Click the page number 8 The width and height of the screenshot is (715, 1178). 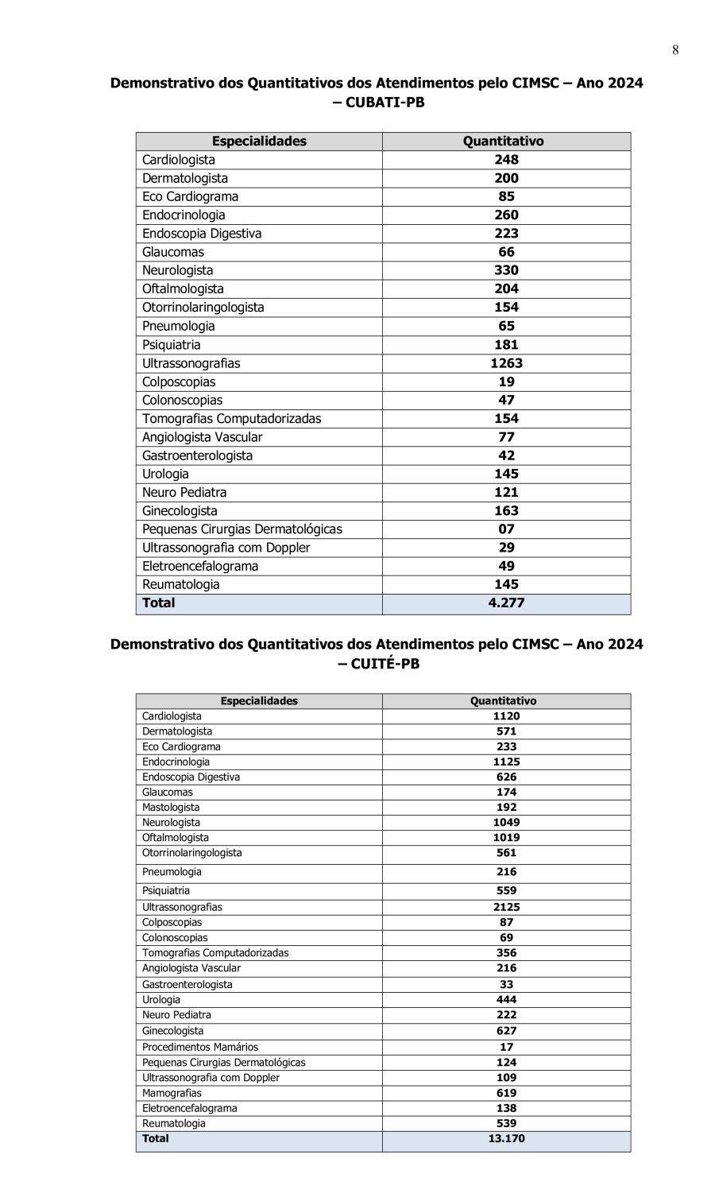pyautogui.click(x=675, y=51)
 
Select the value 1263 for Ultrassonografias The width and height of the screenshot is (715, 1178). pyautogui.click(x=506, y=363)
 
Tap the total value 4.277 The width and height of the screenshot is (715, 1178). pyautogui.click(x=506, y=603)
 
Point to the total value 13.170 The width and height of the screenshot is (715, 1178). pyautogui.click(x=506, y=1138)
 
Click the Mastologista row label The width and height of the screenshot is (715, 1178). pyautogui.click(x=171, y=807)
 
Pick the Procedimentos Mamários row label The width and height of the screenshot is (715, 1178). pyautogui.click(x=200, y=1047)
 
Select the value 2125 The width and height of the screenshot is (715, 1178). pyautogui.click(x=506, y=907)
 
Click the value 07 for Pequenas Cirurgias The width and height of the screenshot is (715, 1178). pyautogui.click(x=506, y=529)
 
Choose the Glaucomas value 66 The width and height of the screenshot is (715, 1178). pyautogui.click(x=506, y=252)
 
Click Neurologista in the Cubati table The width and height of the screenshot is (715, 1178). pyautogui.click(x=177, y=270)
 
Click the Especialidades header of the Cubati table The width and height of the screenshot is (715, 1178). pyautogui.click(x=259, y=141)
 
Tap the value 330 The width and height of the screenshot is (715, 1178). pyautogui.click(x=506, y=270)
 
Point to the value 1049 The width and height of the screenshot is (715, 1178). pyautogui.click(x=506, y=823)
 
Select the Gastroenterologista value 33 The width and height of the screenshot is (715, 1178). pyautogui.click(x=506, y=984)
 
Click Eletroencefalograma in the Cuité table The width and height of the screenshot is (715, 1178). pyautogui.click(x=189, y=1108)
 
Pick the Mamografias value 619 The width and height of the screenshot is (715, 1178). pyautogui.click(x=506, y=1093)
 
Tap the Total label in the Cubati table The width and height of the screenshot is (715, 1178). pyautogui.click(x=158, y=603)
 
